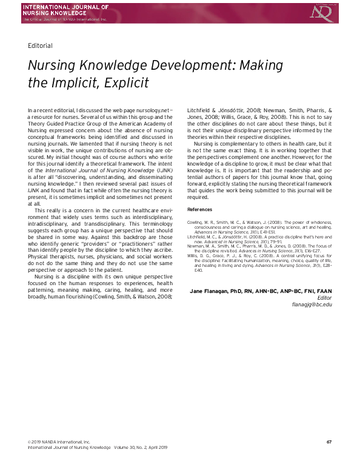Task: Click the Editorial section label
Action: click(x=40, y=45)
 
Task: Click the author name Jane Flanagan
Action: click(x=212, y=291)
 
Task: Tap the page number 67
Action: click(x=329, y=441)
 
